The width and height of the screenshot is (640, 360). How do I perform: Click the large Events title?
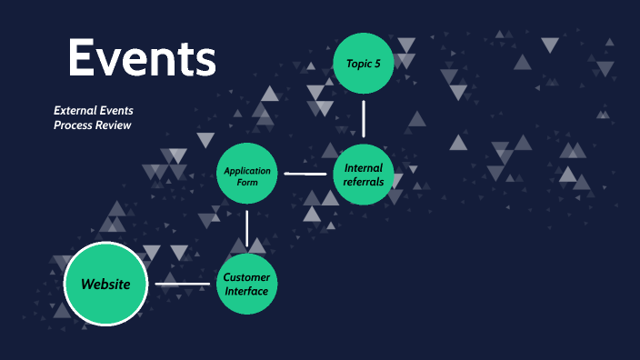click(142, 59)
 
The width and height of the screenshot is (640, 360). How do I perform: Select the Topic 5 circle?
click(364, 63)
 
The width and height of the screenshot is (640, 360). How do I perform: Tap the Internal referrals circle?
click(364, 174)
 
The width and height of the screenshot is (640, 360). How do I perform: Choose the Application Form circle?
click(246, 174)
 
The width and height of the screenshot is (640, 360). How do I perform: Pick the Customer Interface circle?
click(246, 284)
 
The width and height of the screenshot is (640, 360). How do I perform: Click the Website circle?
click(106, 284)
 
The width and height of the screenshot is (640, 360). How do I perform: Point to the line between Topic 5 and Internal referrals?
click(364, 118)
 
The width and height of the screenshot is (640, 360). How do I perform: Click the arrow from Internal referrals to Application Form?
click(305, 174)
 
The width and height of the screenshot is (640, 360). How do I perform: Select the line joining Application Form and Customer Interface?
click(246, 229)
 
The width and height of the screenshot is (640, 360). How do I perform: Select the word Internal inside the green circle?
click(364, 167)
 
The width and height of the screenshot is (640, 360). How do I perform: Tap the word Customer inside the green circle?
click(246, 276)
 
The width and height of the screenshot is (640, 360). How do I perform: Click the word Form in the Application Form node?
click(246, 182)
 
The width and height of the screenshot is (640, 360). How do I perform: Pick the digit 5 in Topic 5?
click(376, 63)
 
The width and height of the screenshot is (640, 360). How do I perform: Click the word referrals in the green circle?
click(364, 181)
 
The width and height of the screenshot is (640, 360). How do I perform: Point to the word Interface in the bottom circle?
click(246, 291)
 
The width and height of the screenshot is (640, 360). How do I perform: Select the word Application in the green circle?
click(246, 170)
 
